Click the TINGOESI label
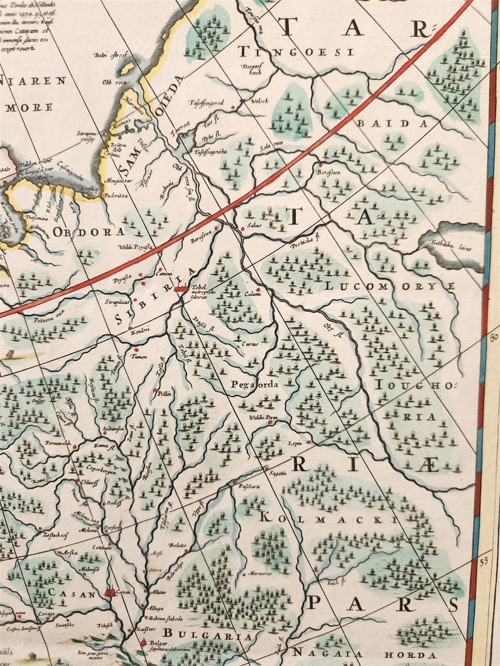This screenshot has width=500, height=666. click(296, 52)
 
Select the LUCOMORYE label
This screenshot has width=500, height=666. click(390, 285)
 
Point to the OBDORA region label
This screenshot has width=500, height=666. click(88, 231)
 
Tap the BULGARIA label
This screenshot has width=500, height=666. click(206, 636)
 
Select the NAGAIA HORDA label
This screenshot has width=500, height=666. click(364, 654)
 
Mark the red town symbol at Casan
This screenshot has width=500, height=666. click(110, 592)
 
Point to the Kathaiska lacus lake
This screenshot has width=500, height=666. click(452, 245)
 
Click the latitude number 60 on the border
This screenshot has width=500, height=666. click(492, 337)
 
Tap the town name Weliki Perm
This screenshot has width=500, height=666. click(262, 416)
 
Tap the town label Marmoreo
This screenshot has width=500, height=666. click(260, 573)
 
